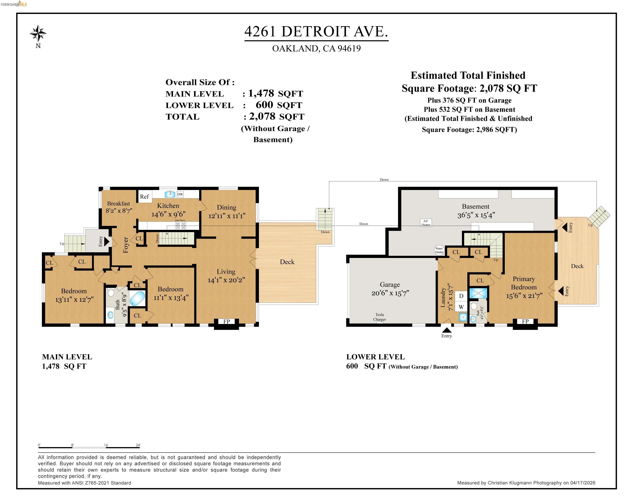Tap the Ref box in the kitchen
144,197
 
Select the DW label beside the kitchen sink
180,194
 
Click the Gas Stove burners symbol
180,226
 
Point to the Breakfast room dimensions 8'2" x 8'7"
119,210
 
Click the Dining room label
226,207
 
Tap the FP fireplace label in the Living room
226,322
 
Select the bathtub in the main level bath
137,298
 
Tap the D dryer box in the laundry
461,296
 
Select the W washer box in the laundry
461,307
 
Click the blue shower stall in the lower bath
478,293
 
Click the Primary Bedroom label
524,283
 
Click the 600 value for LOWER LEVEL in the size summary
264,105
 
